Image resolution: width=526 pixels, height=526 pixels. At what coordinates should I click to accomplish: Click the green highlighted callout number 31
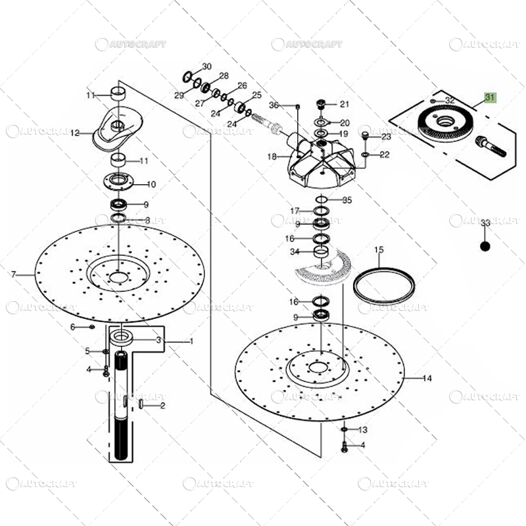point(490,97)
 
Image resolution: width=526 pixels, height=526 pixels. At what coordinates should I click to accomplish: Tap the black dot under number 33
point(485,247)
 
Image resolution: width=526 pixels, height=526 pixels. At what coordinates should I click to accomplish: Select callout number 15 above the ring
point(379,250)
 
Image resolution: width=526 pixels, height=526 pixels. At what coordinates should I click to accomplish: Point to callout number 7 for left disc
point(12,274)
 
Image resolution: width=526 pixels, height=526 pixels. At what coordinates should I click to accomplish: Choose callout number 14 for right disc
point(427,378)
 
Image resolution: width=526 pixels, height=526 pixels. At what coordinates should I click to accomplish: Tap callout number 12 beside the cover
point(75,133)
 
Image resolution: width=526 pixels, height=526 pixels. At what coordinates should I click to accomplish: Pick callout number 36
point(274,105)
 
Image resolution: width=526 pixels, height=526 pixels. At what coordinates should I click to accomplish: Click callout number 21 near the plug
point(345,104)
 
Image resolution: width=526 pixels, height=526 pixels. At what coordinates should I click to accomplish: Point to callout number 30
point(207,67)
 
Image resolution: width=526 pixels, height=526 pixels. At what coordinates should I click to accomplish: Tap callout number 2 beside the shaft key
point(162,406)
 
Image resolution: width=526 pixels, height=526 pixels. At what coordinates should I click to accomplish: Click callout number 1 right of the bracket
point(191,341)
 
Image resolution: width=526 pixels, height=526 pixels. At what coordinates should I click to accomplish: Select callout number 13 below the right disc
point(363,429)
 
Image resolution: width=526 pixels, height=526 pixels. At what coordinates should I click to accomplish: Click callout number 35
point(347,200)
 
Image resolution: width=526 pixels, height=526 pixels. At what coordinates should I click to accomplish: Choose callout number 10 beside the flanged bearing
point(151,184)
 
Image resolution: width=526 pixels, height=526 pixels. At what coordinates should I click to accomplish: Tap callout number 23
point(386,137)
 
